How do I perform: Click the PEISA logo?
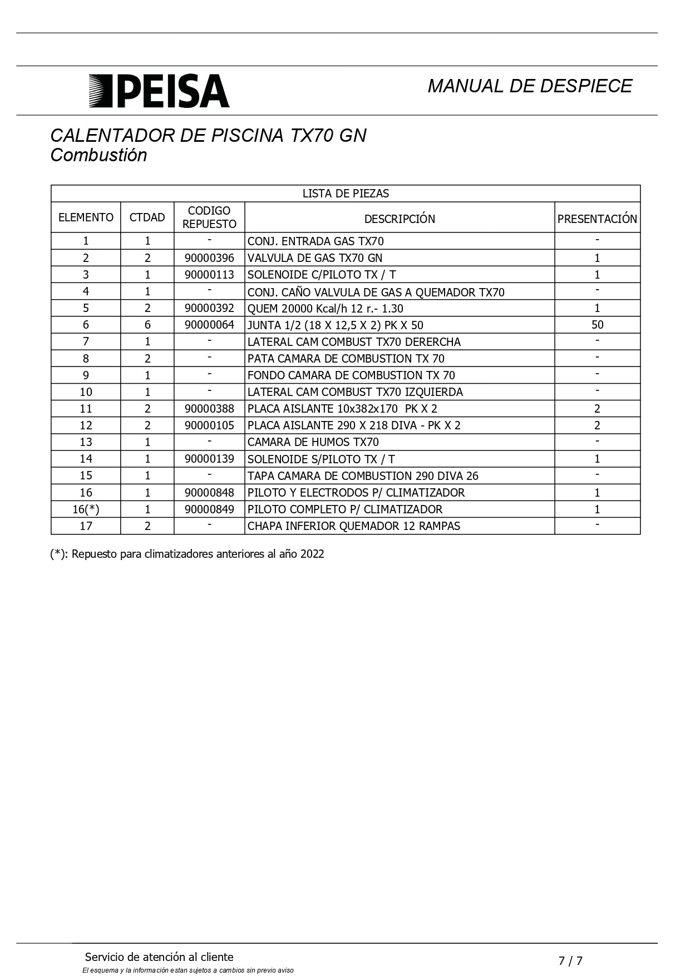pos(159,91)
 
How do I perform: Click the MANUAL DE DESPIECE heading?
pos(529,86)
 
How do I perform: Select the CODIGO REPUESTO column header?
pos(209,217)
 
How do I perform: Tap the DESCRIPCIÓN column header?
pos(400,219)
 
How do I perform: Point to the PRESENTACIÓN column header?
pos(597,219)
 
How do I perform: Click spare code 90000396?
pos(209,258)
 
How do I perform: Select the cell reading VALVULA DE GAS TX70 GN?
pos(315,258)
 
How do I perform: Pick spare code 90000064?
pos(209,325)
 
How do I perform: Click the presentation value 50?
pos(597,325)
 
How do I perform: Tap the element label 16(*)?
pos(86,509)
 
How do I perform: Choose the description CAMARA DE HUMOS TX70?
pos(313,442)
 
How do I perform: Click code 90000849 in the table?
pos(209,509)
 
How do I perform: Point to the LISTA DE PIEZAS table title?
pos(346,194)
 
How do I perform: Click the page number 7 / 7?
pos(570,960)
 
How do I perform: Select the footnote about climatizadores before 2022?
pos(187,554)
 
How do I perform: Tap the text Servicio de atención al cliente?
pos(159,957)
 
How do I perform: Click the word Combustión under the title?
pos(98,155)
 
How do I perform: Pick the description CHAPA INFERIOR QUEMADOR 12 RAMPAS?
pos(354,526)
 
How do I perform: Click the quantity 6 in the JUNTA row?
pos(147,325)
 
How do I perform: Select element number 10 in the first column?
pos(86,392)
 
